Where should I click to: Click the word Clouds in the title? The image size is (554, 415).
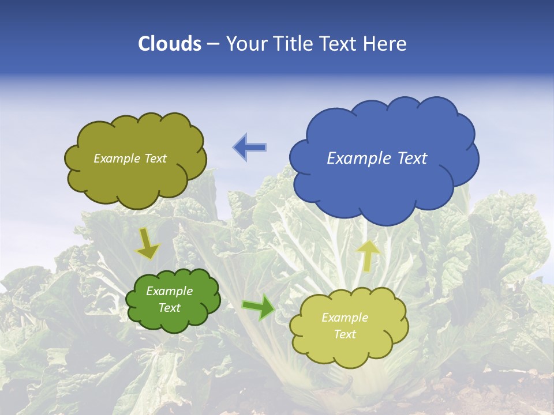pos(170,44)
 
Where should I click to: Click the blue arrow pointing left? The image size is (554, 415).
pos(250,147)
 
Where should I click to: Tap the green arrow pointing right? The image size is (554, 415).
pos(259,307)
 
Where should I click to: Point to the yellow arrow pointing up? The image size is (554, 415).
pos(368,255)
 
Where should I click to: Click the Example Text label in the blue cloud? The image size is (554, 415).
pos(377,158)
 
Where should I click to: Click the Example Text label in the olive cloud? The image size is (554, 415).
pos(130,159)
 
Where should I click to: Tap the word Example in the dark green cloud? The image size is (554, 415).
pos(169,291)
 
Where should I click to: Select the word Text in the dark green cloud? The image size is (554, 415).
pos(169,308)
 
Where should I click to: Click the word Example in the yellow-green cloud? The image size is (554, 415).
pos(345,318)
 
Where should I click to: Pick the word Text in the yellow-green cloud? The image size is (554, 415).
pos(345,334)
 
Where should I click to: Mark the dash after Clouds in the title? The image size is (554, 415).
pos(213,44)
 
